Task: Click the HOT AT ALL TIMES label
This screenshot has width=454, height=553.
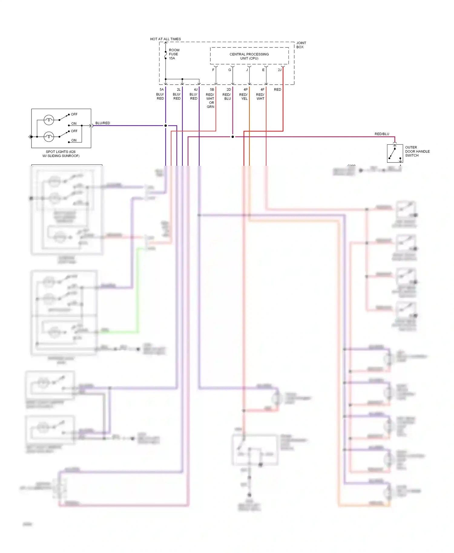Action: tap(165, 39)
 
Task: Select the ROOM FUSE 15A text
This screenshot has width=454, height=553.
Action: tap(174, 54)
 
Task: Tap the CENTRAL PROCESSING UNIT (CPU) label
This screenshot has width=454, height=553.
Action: tap(249, 56)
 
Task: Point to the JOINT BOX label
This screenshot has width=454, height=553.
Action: tap(301, 45)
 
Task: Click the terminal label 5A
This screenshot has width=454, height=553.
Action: tap(162, 90)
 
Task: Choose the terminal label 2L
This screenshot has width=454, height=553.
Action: tap(179, 90)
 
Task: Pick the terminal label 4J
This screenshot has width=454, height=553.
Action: tap(196, 90)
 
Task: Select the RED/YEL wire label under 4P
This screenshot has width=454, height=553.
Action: tap(243, 97)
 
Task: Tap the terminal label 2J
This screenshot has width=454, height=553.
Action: tap(279, 70)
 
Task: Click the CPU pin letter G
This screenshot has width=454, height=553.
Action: tap(230, 70)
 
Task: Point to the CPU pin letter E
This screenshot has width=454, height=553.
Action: tap(263, 70)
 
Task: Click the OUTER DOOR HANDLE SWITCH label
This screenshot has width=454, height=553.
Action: tap(417, 151)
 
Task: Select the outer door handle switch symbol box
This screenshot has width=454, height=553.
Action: tap(395, 153)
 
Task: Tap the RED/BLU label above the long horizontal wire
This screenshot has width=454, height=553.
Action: tap(382, 134)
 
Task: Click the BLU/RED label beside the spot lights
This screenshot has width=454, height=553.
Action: tap(103, 123)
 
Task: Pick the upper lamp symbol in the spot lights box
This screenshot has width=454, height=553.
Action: tap(49, 120)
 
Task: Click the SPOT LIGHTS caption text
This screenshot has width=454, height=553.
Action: tap(61, 154)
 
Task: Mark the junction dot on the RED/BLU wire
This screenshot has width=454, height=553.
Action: tap(232, 137)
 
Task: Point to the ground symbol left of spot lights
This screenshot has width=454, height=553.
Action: tap(30, 137)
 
